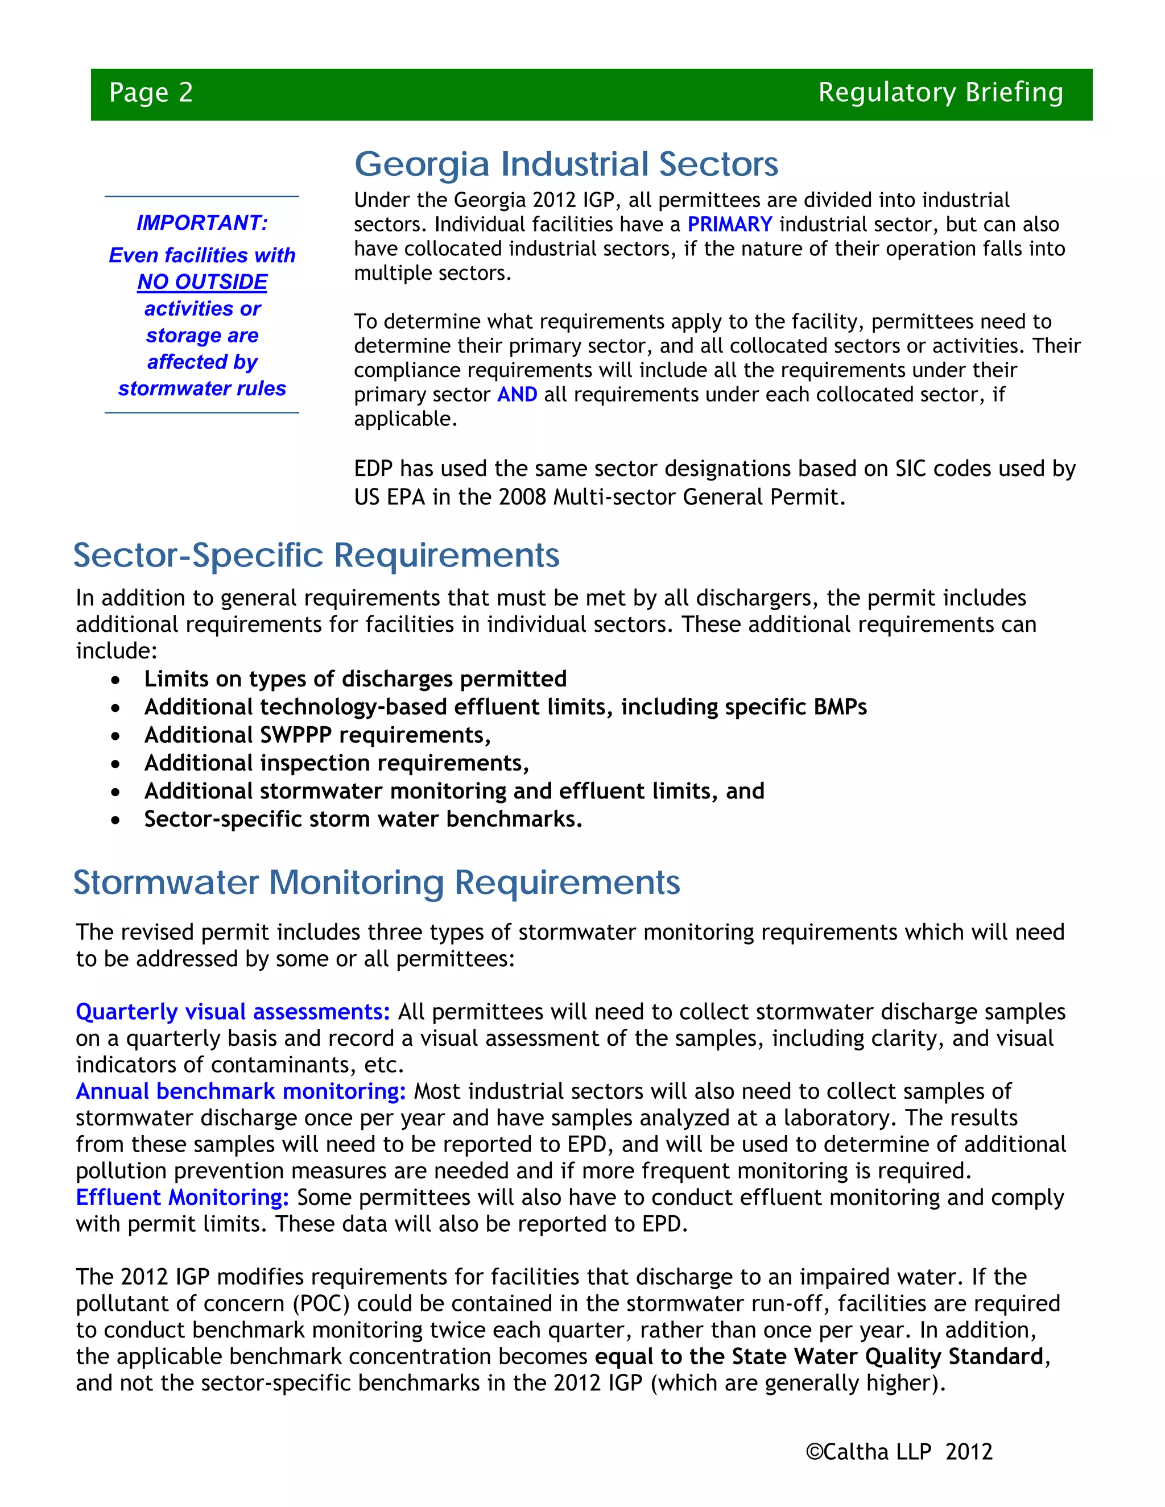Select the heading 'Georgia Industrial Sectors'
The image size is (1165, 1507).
566,164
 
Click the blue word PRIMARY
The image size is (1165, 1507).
729,224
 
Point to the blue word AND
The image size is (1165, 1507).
517,395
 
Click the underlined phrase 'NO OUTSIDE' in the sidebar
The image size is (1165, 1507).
202,281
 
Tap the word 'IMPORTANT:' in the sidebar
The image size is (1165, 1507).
202,223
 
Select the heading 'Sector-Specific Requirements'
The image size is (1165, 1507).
316,556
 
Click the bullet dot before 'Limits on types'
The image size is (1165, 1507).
115,680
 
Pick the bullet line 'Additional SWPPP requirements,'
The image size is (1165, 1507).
317,735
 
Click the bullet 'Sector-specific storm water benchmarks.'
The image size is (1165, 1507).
363,819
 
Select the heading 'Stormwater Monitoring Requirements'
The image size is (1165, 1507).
376,883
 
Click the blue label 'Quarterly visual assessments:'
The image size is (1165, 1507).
233,1012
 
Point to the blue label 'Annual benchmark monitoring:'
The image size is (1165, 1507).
241,1092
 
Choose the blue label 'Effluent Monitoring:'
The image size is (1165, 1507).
182,1198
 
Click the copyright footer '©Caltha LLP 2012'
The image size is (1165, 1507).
899,1452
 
